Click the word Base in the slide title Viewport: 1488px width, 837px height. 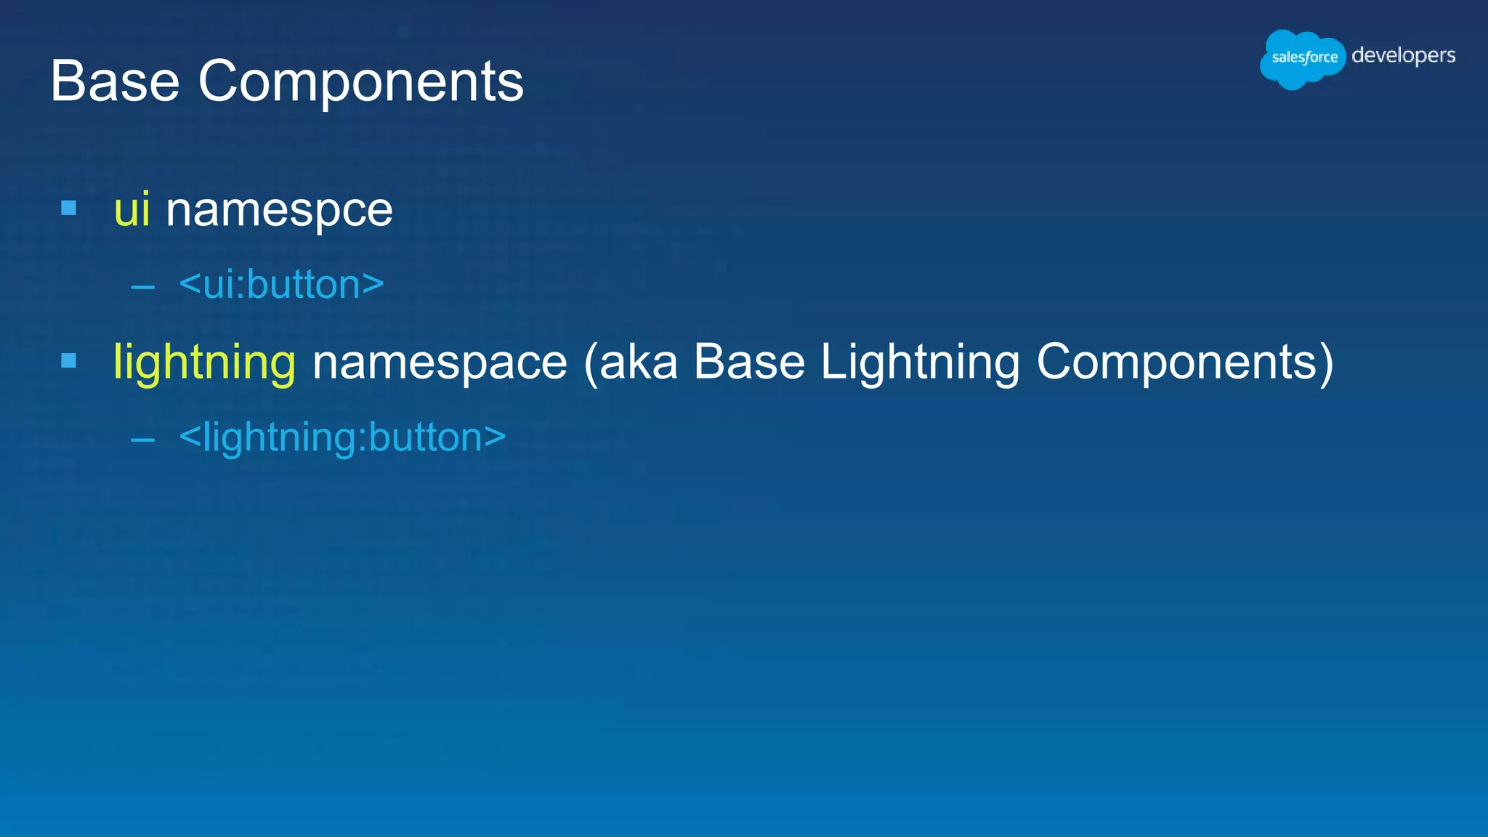(115, 81)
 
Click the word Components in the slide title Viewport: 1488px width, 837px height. (360, 81)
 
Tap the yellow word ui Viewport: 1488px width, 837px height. (132, 210)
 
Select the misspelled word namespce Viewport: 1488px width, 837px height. (279, 211)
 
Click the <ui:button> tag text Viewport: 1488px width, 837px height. (281, 284)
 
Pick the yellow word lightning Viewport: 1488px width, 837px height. (204, 362)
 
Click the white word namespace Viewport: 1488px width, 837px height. (439, 362)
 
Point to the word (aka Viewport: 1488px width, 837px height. (630, 362)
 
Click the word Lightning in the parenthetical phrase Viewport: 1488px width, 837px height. (919, 362)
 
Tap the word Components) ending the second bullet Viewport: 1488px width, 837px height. (1184, 362)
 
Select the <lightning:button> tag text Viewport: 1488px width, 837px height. (342, 437)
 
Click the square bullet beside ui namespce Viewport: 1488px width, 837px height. (69, 209)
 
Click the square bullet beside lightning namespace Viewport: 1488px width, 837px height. (69, 360)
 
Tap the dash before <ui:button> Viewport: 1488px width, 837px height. (143, 288)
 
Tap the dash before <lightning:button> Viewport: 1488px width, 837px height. (143, 440)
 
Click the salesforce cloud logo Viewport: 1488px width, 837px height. (1303, 58)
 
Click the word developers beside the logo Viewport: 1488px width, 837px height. (1403, 56)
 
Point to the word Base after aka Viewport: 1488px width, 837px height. (748, 362)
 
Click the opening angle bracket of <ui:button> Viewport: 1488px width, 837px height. (190, 283)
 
